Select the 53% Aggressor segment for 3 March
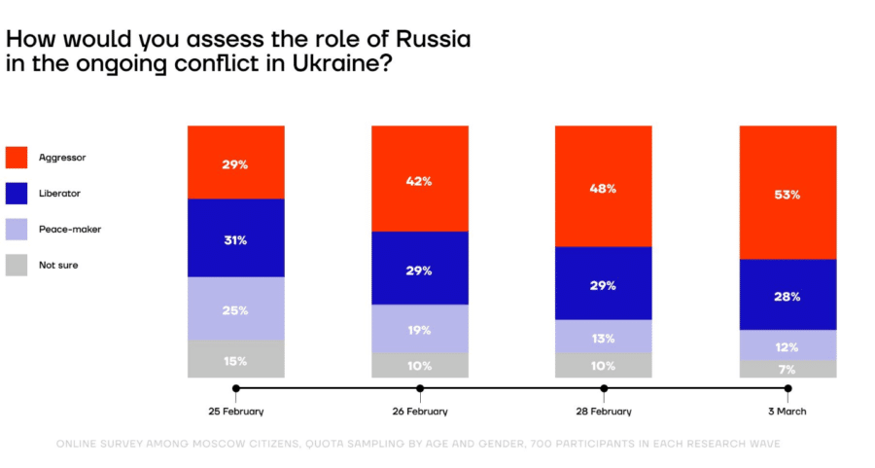pyautogui.click(x=787, y=193)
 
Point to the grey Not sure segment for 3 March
pyautogui.click(x=787, y=370)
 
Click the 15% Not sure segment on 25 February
pyautogui.click(x=236, y=359)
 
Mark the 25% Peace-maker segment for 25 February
pyautogui.click(x=236, y=308)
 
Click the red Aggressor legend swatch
pyautogui.click(x=17, y=157)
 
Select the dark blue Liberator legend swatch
pyautogui.click(x=17, y=193)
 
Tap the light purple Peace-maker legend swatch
pyautogui.click(x=17, y=229)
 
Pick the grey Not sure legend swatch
pyautogui.click(x=17, y=265)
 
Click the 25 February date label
pyautogui.click(x=236, y=412)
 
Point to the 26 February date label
pyautogui.click(x=420, y=412)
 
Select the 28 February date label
pyautogui.click(x=604, y=412)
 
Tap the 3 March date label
pyautogui.click(x=787, y=412)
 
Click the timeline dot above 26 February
pyautogui.click(x=420, y=388)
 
